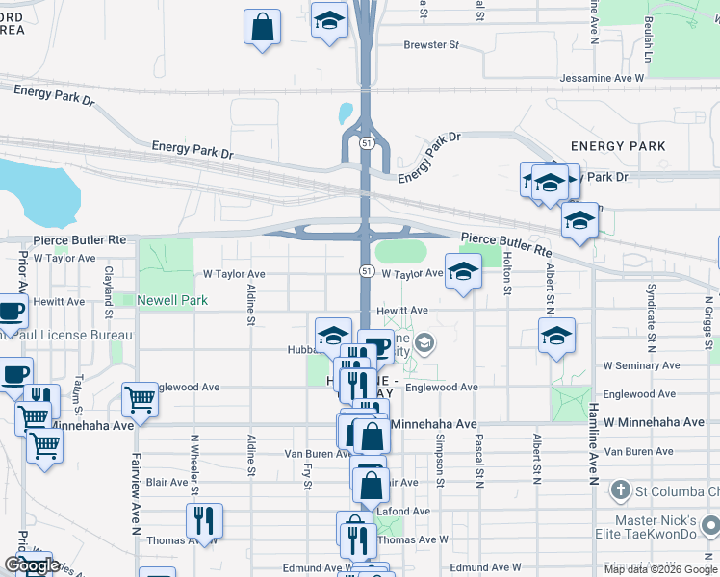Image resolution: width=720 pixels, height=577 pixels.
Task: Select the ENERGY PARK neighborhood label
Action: coord(618,146)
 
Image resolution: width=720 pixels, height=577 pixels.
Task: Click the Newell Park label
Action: coord(171,301)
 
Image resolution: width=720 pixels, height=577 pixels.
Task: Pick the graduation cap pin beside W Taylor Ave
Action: coord(463,272)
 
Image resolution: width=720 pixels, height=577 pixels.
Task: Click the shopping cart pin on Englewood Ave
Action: coord(141,400)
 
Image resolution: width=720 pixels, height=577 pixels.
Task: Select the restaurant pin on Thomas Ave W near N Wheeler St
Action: coord(204,521)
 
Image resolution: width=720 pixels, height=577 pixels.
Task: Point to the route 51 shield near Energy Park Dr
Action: coord(367,143)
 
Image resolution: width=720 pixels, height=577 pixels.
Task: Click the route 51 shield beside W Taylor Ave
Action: coord(367,272)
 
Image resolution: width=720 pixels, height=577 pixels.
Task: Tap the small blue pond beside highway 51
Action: coord(346,113)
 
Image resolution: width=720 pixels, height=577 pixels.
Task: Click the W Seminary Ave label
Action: coord(641,366)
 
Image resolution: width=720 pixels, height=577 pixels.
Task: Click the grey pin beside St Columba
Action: coord(620,491)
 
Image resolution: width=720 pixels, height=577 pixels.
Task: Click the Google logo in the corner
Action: coord(31,565)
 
